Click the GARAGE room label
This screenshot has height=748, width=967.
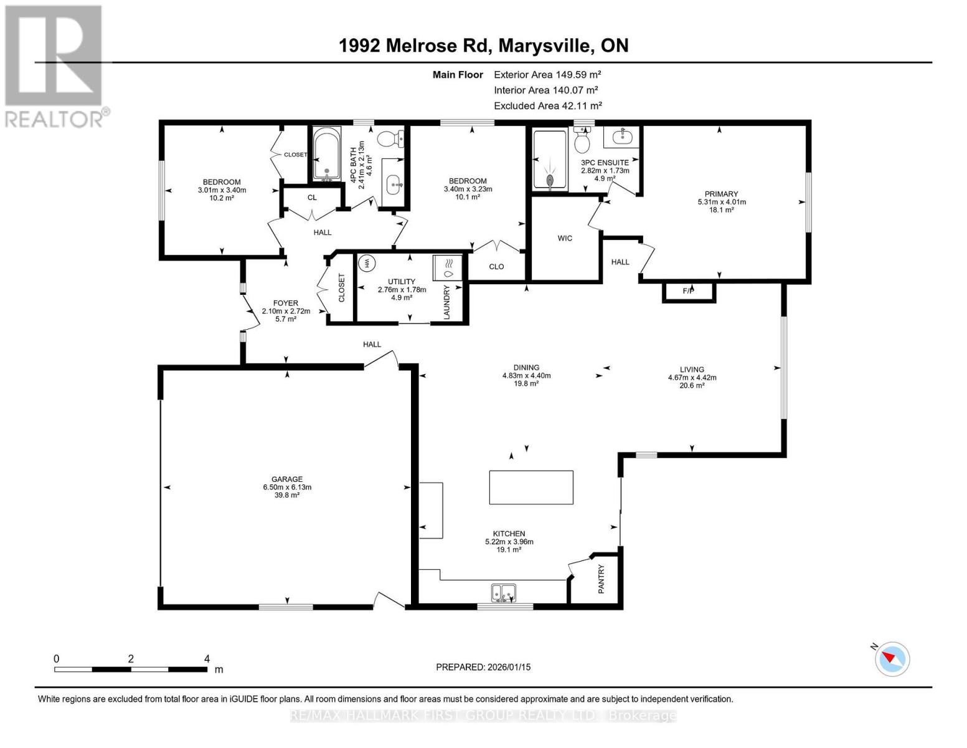(286, 479)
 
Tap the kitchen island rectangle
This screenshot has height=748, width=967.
(531, 487)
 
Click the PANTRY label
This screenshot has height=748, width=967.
(601, 579)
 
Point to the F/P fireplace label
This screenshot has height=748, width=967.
(688, 291)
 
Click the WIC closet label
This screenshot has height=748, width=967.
(565, 238)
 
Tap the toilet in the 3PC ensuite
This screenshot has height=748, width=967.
(582, 141)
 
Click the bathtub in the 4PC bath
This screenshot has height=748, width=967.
(326, 154)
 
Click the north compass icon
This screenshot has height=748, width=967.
(892, 659)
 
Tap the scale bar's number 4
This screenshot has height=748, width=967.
(207, 658)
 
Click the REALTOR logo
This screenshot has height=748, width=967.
(55, 65)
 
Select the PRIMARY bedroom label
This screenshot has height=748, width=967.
(721, 194)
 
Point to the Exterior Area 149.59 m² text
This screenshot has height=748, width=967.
(547, 74)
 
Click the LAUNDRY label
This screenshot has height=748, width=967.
(446, 303)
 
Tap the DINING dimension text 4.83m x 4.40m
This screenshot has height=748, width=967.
(526, 375)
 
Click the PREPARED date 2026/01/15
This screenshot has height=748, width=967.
(483, 667)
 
